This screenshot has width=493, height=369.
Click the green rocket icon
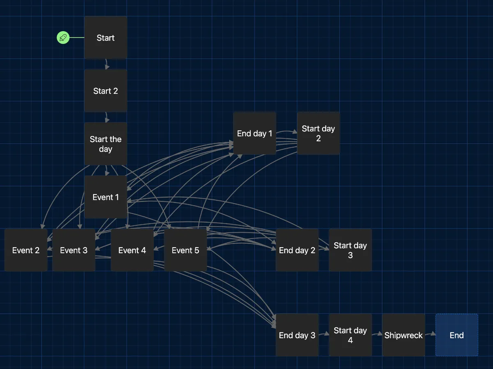(63, 38)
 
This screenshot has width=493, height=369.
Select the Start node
(106, 38)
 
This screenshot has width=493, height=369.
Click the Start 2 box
(106, 91)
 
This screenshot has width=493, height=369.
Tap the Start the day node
(106, 144)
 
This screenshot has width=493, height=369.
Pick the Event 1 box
(106, 197)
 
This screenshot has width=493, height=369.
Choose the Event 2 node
(26, 250)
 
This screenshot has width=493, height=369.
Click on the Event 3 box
(74, 250)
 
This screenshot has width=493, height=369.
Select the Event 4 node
(132, 250)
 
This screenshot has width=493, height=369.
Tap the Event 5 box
(185, 250)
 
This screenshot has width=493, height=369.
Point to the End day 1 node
(254, 133)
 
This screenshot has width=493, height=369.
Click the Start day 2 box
(318, 133)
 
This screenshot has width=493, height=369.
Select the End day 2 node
(297, 250)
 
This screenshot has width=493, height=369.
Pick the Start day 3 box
(350, 250)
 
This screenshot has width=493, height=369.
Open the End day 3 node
(297, 335)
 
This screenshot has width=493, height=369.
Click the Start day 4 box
(350, 335)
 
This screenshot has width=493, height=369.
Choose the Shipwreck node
(403, 335)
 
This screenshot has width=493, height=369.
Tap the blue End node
(456, 335)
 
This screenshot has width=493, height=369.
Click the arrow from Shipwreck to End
(430, 335)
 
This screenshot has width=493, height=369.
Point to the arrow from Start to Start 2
(106, 64)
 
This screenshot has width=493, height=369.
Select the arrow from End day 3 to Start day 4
(324, 335)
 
